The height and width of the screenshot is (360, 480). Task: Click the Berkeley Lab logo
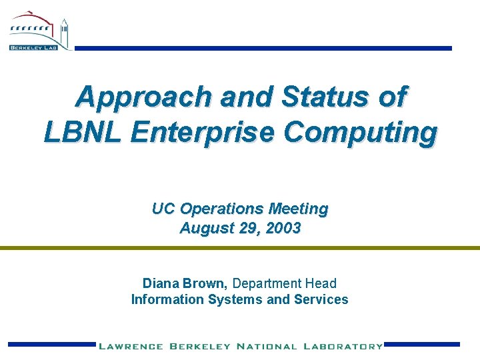39,32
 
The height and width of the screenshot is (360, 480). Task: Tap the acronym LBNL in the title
83,132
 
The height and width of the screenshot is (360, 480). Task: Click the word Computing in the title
361,132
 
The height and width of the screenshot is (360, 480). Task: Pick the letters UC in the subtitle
163,209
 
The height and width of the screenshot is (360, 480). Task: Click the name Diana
160,283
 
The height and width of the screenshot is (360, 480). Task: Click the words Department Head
285,283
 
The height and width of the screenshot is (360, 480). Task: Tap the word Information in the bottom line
167,299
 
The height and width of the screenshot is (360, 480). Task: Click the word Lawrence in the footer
131,346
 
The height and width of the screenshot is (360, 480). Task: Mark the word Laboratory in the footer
343,346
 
